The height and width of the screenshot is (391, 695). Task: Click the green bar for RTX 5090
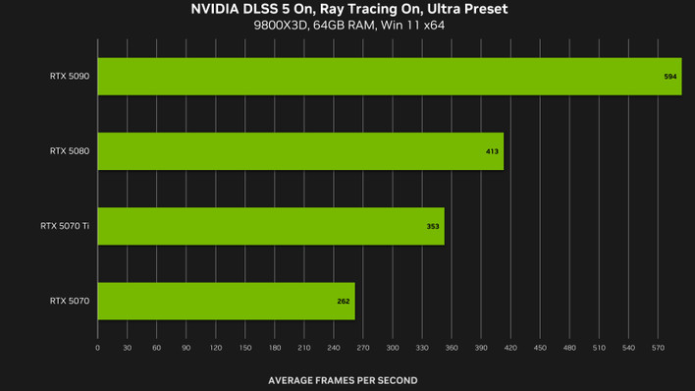tap(390, 77)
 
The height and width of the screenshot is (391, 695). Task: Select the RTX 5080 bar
tap(300, 151)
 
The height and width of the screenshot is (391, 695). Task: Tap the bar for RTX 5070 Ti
tap(271, 226)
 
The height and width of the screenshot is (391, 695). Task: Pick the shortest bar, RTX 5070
tap(226, 301)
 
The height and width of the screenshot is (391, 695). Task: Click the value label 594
tap(670, 77)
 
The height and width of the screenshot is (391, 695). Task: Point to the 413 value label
tap(492, 152)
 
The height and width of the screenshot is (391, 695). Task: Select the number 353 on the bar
tap(433, 227)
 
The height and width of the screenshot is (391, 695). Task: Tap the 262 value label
tap(344, 302)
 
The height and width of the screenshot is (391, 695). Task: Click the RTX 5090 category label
tap(70, 77)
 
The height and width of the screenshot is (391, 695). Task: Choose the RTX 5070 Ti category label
tap(65, 226)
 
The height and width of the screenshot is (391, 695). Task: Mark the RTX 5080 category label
tap(70, 151)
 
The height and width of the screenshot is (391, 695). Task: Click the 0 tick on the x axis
tap(97, 348)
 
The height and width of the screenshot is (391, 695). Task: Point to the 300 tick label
tap(393, 348)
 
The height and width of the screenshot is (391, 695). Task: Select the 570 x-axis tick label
tap(658, 348)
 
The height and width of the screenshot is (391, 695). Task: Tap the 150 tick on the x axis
tap(245, 348)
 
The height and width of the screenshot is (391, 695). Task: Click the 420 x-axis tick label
tap(510, 348)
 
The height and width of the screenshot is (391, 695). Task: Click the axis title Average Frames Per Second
tap(343, 380)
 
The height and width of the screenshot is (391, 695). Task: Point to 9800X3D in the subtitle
tap(281, 26)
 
